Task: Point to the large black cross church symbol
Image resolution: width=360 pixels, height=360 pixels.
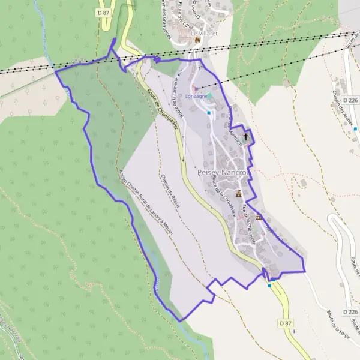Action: (245, 136)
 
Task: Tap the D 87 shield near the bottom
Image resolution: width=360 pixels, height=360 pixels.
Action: (286, 323)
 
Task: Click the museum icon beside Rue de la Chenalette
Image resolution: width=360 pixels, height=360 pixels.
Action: (259, 217)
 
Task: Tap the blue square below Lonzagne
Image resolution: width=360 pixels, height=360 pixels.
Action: (209, 113)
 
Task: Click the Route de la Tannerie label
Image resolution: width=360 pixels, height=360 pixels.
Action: (178, 99)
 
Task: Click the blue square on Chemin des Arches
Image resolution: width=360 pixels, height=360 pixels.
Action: (356, 128)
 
